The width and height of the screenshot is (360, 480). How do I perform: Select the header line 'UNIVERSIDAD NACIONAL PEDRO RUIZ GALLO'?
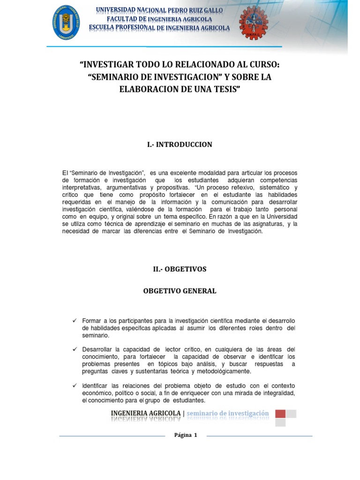click(159, 10)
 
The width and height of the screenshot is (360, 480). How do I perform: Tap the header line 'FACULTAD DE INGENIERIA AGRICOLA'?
click(159, 19)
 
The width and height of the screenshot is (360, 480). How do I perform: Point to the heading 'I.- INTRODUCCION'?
click(180, 144)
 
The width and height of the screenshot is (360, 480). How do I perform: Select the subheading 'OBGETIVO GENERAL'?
click(180, 291)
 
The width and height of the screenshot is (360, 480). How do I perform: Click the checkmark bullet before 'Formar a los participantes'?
click(74, 320)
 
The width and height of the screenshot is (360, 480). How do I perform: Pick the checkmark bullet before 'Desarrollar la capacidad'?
click(74, 350)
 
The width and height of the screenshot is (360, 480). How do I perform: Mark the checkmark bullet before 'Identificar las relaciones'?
click(74, 385)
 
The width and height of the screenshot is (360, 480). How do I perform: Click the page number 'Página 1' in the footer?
click(186, 435)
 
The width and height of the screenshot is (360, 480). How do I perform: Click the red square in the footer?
click(280, 413)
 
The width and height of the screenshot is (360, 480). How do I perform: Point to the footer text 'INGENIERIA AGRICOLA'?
click(145, 413)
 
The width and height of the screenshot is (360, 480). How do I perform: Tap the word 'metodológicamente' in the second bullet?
click(225, 372)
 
